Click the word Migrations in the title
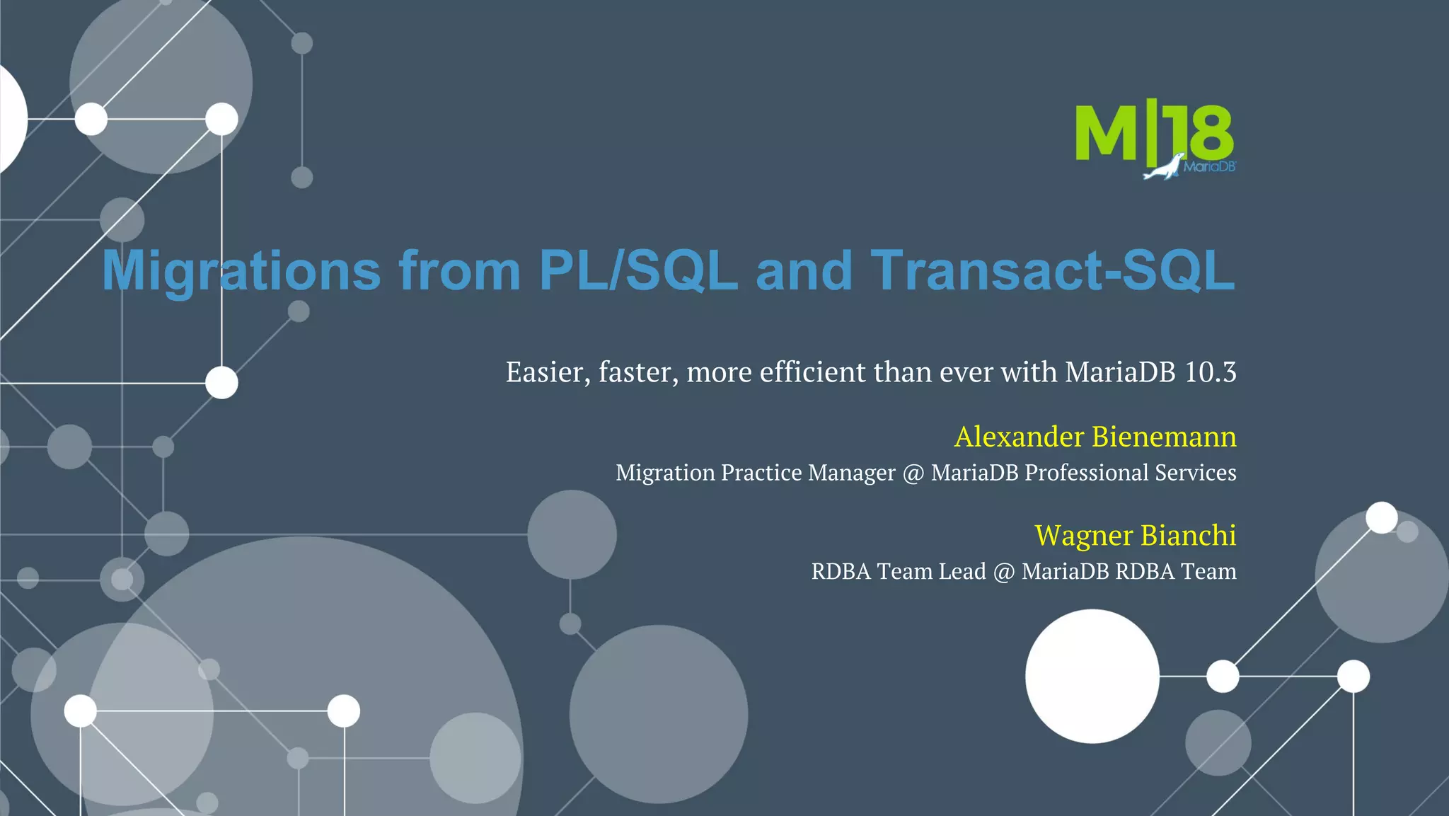(x=241, y=271)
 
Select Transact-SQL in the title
(x=1053, y=271)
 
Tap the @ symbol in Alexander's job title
(x=913, y=473)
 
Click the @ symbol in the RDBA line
(x=1003, y=572)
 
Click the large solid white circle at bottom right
(x=1092, y=676)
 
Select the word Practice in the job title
(x=761, y=473)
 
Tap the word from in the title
(x=460, y=271)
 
